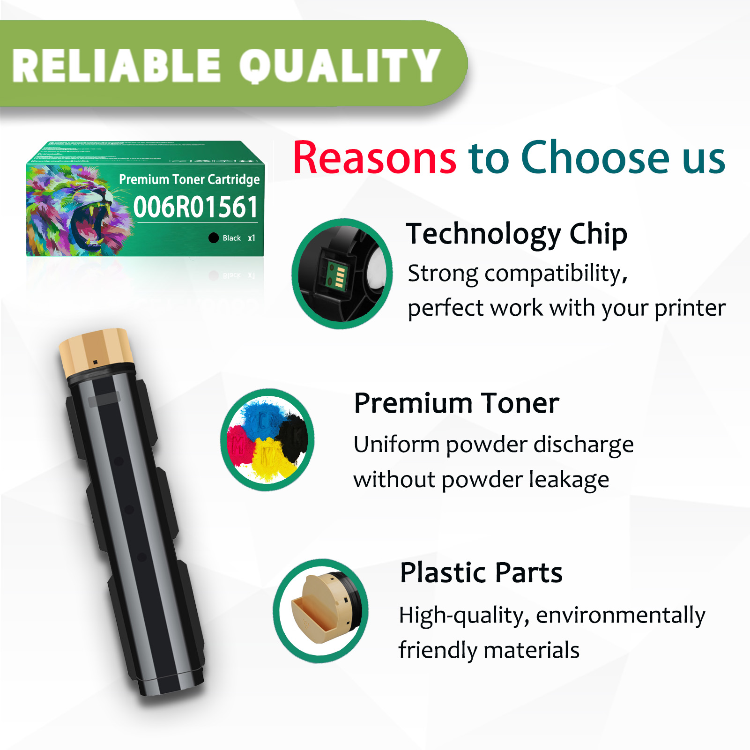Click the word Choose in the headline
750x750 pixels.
tap(595, 158)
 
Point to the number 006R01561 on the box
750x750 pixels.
tap(195, 207)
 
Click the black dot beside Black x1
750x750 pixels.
tap(214, 238)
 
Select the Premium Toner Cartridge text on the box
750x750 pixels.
tap(189, 179)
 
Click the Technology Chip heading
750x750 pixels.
tap(517, 234)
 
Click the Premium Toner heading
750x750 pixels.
tap(457, 403)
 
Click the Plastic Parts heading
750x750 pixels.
tap(481, 572)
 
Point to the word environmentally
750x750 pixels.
tap(621, 615)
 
